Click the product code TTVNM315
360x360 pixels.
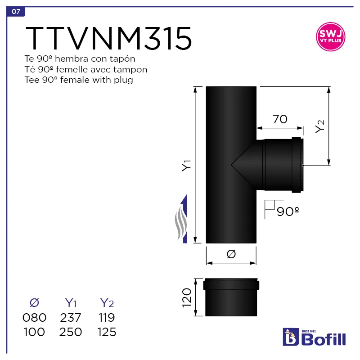click(x=109, y=39)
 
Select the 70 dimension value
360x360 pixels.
click(x=280, y=119)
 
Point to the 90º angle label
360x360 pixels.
click(x=288, y=211)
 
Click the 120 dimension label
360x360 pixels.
click(x=187, y=297)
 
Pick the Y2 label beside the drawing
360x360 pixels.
click(x=319, y=126)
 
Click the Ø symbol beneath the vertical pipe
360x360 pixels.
click(x=231, y=254)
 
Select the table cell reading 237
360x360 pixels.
click(x=71, y=318)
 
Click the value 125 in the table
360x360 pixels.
click(x=107, y=333)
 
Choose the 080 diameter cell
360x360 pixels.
click(x=34, y=318)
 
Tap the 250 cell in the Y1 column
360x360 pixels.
click(x=71, y=333)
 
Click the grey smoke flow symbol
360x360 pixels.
click(x=181, y=223)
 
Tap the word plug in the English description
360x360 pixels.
click(x=124, y=80)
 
